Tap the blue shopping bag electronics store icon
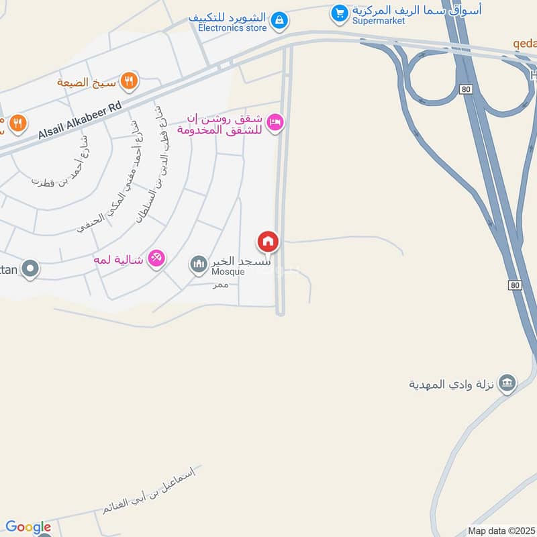[279, 21]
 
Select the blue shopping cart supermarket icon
[340, 12]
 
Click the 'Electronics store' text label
[233, 29]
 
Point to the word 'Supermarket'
[378, 21]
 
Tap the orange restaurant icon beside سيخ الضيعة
[129, 82]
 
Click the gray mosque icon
[198, 264]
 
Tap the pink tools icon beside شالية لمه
[156, 258]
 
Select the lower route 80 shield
[515, 285]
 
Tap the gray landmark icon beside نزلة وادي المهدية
[508, 383]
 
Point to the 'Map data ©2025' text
[501, 530]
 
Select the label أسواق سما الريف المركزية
[416, 10]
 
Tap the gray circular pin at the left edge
[30, 269]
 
